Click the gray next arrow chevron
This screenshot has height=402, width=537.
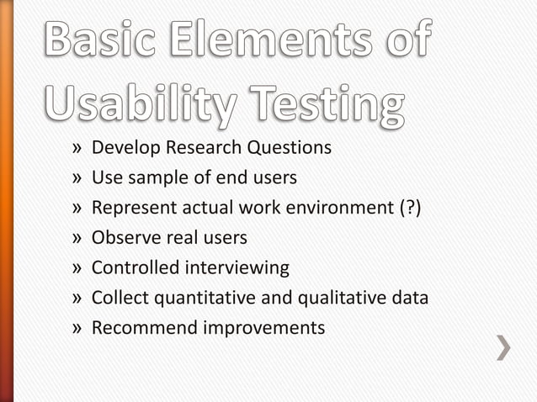[x=503, y=347]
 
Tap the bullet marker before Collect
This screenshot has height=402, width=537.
[x=77, y=299]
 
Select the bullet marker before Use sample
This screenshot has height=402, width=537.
[x=77, y=178]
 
